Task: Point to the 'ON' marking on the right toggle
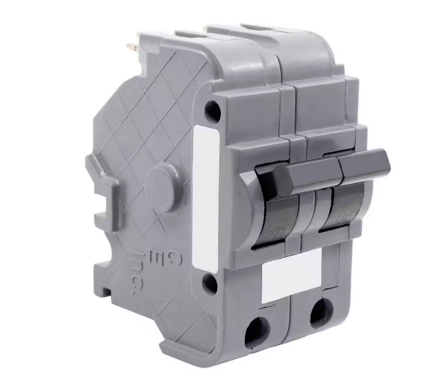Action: coord(336,219)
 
